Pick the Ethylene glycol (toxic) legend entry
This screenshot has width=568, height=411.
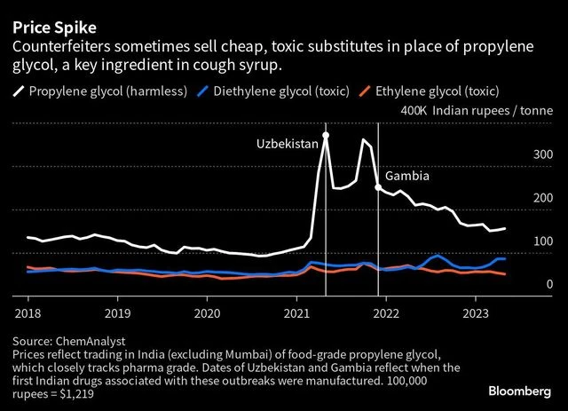[436, 91]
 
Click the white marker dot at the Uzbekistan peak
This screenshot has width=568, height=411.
[326, 136]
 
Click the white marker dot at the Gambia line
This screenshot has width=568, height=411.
[379, 187]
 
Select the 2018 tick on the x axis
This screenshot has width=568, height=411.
[28, 312]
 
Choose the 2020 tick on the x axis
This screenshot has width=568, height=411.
[207, 312]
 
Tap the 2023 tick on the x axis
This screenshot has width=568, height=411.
[476, 312]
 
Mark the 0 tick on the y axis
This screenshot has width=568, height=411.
[550, 284]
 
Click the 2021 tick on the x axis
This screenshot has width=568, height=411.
[296, 312]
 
